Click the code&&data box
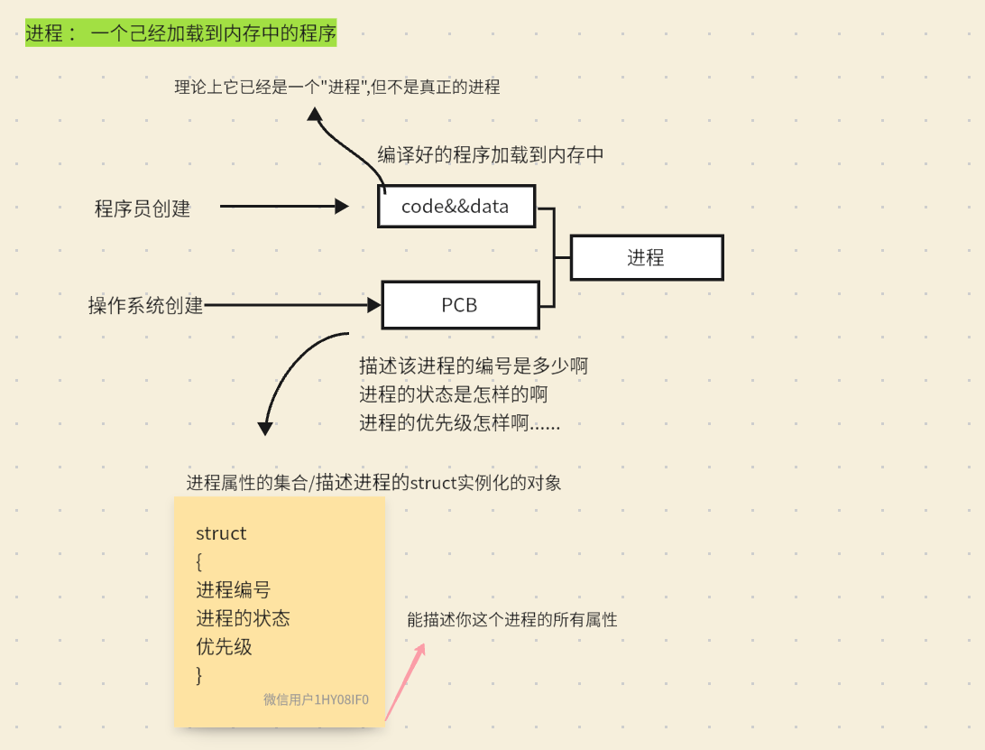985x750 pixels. coord(456,206)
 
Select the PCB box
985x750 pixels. coord(460,305)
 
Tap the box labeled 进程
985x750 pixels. coord(646,257)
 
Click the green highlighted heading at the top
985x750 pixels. coord(180,34)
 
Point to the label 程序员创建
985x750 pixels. coord(143,208)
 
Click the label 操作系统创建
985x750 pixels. coord(145,305)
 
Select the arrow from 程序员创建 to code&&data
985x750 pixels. coord(283,207)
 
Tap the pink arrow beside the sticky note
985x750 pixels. coord(405,681)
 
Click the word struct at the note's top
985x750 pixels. coord(221,533)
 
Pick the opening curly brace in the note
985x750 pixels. coord(199,562)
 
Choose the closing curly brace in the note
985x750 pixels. coord(199,675)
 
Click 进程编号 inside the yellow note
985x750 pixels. coord(233,590)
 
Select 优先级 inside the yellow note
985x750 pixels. coord(224,647)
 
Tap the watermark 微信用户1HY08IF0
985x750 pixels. coord(316,699)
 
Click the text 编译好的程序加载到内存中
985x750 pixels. coord(490,154)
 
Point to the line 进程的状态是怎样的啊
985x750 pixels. coord(453,394)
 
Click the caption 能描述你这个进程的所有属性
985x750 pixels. coord(511,620)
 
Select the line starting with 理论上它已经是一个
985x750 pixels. coord(336,88)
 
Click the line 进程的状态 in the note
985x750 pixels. coord(243,618)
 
